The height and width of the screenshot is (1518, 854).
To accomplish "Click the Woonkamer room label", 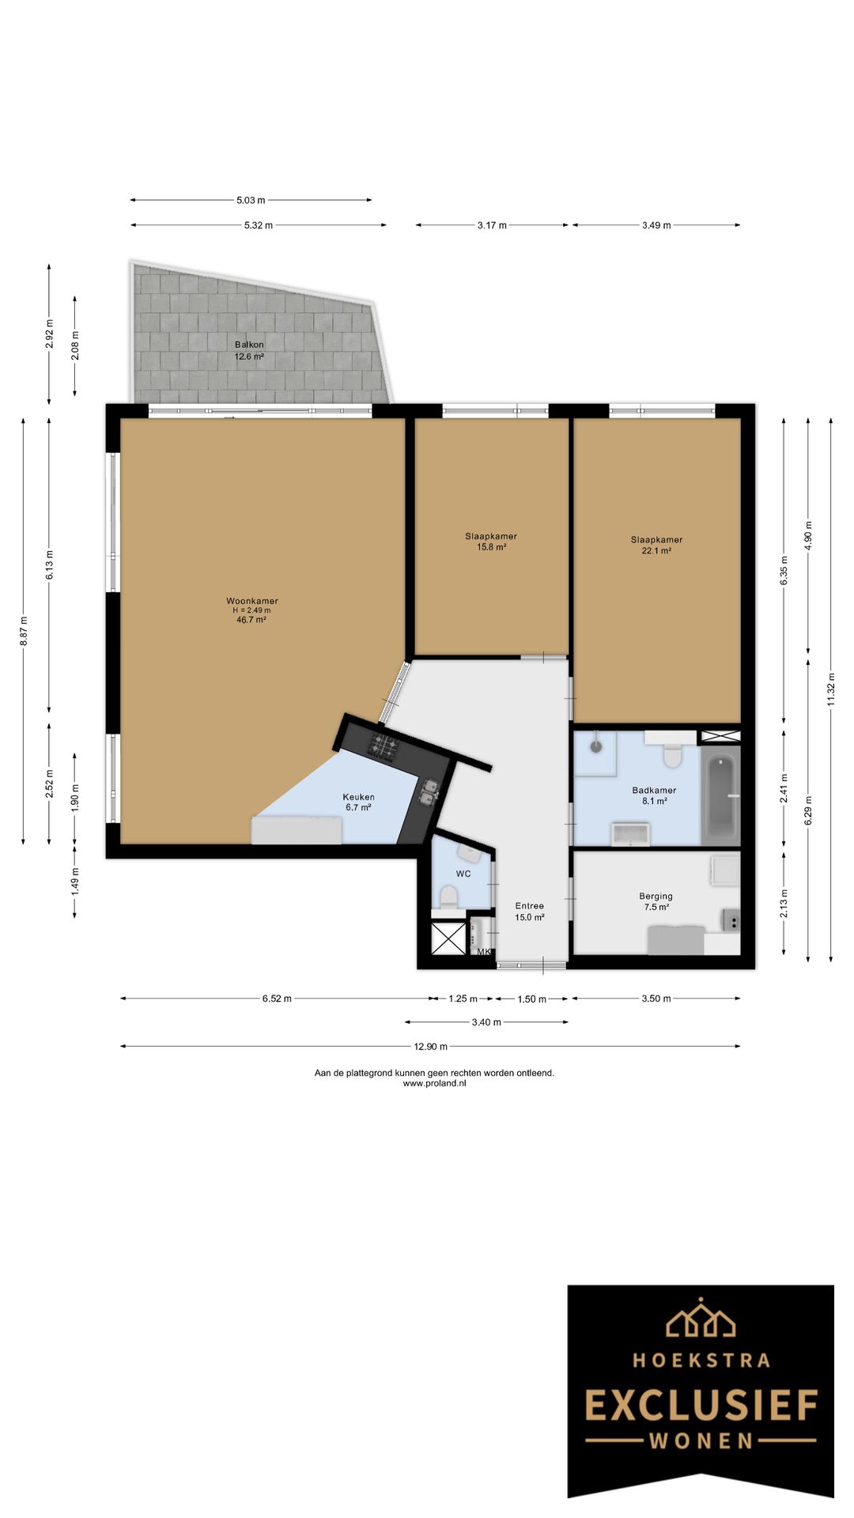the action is click(x=251, y=601).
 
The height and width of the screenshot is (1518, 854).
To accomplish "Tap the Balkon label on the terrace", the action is click(x=249, y=345).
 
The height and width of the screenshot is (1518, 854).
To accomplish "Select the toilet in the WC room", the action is click(x=448, y=896).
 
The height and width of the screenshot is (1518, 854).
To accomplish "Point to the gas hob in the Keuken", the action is click(x=385, y=745).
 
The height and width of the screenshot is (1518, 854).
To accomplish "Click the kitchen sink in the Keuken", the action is click(x=429, y=791).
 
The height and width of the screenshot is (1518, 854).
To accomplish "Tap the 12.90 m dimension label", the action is click(x=430, y=1047).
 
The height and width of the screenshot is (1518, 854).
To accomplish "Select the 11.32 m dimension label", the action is click(x=830, y=690).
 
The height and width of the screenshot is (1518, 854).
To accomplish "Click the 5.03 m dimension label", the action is click(x=251, y=201).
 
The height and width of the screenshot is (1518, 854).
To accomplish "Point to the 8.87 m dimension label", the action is click(x=23, y=631).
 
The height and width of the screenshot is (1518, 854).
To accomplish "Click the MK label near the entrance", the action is click(x=484, y=952).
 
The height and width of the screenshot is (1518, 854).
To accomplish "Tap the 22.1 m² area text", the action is click(x=656, y=551).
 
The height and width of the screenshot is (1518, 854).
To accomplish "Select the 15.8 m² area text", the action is click(x=491, y=547).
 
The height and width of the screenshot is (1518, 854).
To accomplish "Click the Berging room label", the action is click(x=656, y=897).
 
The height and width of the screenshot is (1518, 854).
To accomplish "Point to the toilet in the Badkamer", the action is click(x=673, y=755).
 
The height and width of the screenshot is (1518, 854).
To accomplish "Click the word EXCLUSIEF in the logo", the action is click(x=701, y=1407).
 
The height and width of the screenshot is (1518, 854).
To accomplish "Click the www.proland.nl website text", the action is click(x=434, y=1084).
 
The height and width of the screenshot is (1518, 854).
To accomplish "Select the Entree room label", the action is click(x=529, y=906).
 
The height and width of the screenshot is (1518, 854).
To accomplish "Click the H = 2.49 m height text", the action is click(x=251, y=610).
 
